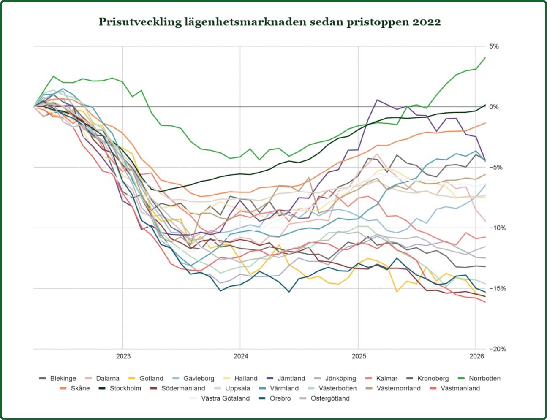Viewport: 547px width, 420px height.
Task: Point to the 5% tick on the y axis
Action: pyautogui.click(x=494, y=46)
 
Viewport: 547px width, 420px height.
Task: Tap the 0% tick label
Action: pyautogui.click(x=494, y=107)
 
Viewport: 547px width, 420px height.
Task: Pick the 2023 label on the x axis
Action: pyautogui.click(x=123, y=356)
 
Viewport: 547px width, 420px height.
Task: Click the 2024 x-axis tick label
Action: pyautogui.click(x=240, y=356)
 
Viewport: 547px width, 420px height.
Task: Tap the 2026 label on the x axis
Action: pyautogui.click(x=476, y=356)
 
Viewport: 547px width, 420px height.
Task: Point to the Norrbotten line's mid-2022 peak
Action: pyautogui.click(x=53, y=76)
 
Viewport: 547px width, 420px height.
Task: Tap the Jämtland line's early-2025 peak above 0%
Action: pyautogui.click(x=377, y=100)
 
